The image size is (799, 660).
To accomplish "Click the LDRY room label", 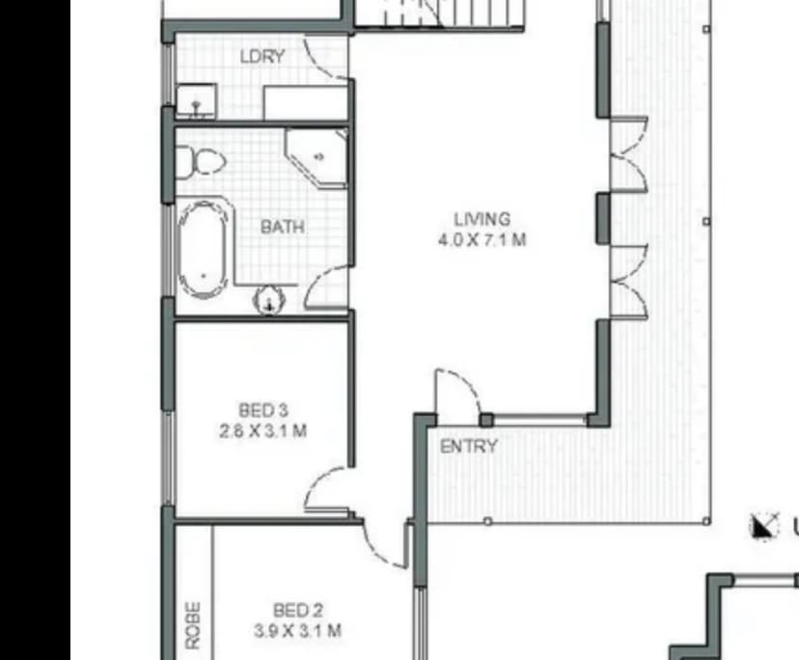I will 262,57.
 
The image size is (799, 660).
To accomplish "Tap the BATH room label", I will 282,228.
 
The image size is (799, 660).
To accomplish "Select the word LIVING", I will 482,220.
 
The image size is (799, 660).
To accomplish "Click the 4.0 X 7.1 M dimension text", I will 482,240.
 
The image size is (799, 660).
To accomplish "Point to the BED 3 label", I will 263,409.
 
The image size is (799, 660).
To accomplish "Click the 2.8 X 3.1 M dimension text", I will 263,430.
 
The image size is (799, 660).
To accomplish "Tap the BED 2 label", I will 297,611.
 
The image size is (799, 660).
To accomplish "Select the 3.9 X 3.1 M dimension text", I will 297,632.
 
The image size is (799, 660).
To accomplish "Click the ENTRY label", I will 469,447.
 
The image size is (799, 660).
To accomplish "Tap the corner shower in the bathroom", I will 316,157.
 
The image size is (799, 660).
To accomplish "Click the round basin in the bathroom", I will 267,302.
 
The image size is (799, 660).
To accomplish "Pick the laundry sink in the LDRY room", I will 197,99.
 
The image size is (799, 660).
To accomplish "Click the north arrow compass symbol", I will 764,526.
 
